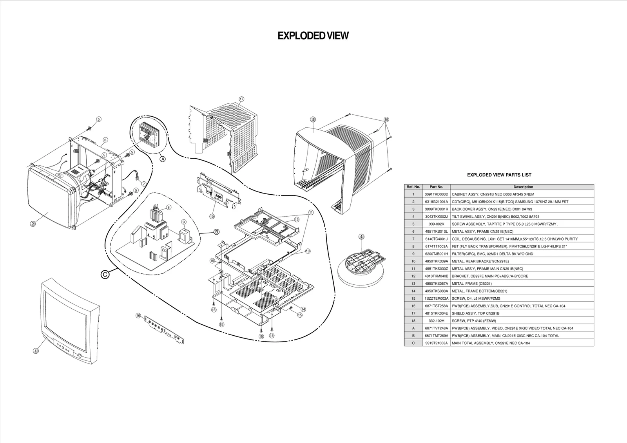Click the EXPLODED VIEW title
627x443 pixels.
(313, 36)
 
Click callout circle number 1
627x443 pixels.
(36, 351)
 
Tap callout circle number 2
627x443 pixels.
(33, 224)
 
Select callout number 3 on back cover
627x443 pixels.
(313, 119)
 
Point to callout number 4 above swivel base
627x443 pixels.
(361, 237)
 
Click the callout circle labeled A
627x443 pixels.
(163, 159)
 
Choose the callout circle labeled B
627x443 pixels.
(216, 232)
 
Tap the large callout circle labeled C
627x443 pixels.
(105, 275)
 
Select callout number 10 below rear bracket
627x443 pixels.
(212, 216)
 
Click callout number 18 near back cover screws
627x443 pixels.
(386, 119)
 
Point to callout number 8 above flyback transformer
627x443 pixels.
(169, 207)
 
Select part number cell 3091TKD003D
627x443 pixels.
(436, 194)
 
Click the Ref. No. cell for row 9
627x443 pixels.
(413, 254)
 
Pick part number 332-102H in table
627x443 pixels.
(436, 321)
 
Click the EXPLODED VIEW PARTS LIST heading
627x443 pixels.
(499, 175)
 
